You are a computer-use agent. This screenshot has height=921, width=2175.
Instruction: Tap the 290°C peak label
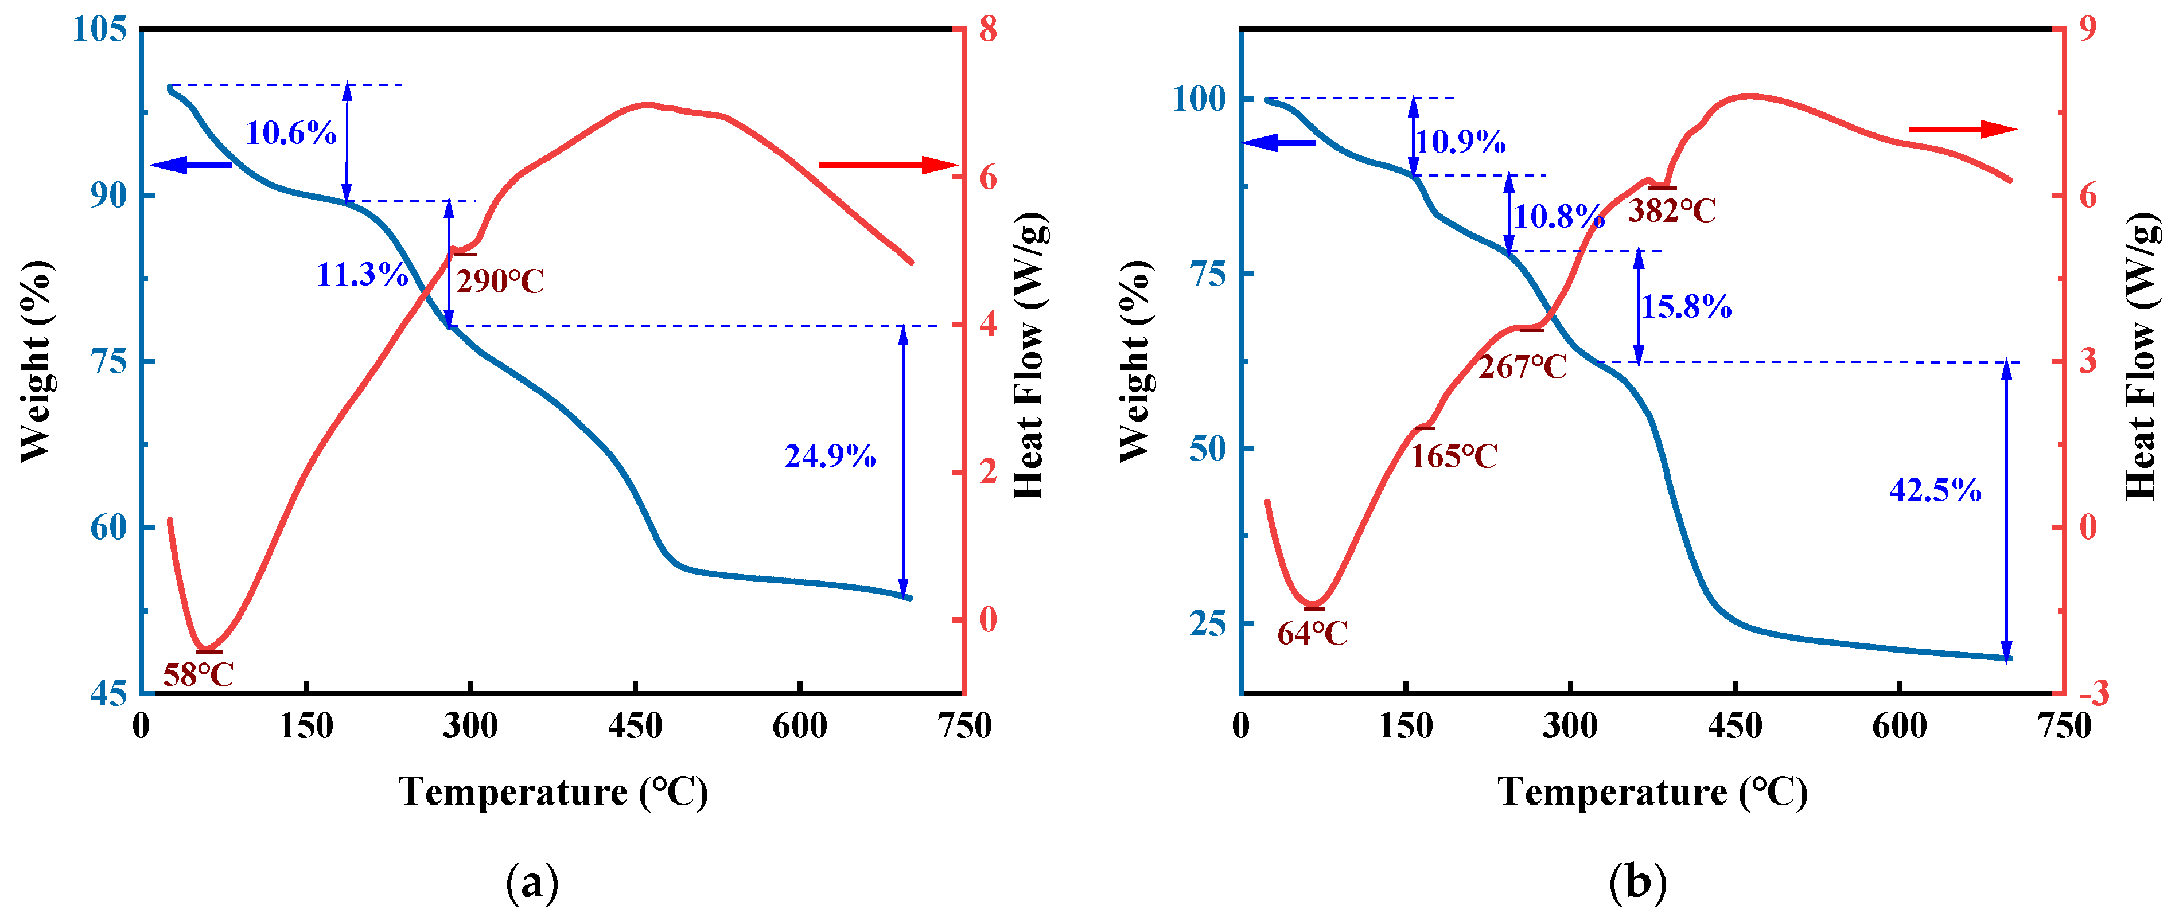pos(500,281)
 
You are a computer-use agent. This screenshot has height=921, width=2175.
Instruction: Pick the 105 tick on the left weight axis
pos(100,30)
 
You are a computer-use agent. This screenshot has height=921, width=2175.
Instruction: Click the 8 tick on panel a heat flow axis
pos(988,30)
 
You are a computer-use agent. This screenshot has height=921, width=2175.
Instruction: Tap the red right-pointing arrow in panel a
pos(886,165)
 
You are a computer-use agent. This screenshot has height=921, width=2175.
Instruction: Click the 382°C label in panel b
pos(1672,211)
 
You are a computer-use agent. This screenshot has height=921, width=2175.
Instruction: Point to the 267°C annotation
pos(1522,367)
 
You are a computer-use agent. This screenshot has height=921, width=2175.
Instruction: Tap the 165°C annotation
pos(1453,456)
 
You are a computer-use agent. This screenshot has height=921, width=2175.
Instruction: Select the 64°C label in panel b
pos(1312,633)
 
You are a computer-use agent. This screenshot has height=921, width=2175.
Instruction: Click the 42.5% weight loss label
pos(1935,490)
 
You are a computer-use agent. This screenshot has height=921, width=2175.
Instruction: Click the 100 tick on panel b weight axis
pos(1199,99)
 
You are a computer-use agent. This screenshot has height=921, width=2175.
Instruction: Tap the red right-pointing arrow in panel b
pos(1962,129)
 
